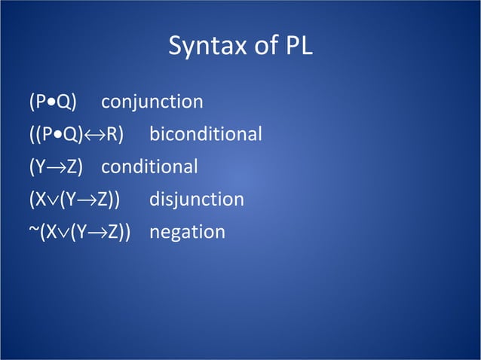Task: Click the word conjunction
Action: pyautogui.click(x=152, y=102)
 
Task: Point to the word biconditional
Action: pyautogui.click(x=206, y=135)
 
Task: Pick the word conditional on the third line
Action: pyautogui.click(x=149, y=167)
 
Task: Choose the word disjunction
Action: pyautogui.click(x=197, y=200)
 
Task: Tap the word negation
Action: pyautogui.click(x=187, y=233)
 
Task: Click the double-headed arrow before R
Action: pyautogui.click(x=97, y=136)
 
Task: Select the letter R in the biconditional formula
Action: pyautogui.click(x=111, y=135)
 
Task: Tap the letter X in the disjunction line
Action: pyautogui.click(x=40, y=200)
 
